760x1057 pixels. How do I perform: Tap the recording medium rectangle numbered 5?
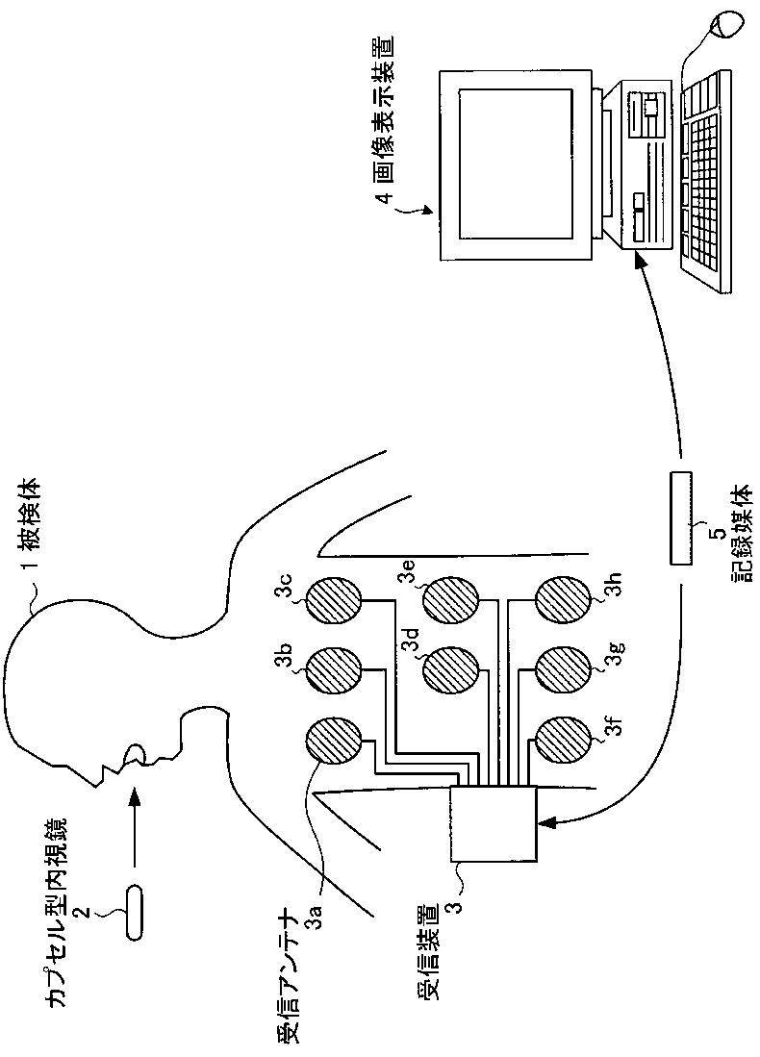pos(680,519)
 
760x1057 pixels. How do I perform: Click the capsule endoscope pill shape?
pos(134,908)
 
